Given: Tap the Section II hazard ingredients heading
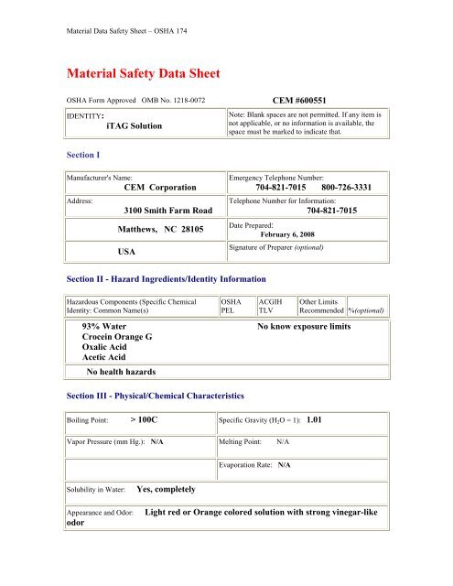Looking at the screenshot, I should pyautogui.click(x=164, y=277).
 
